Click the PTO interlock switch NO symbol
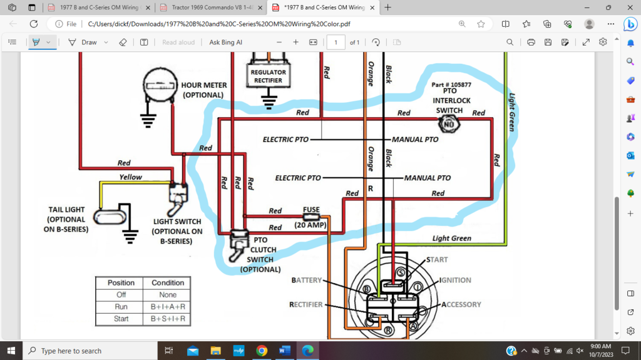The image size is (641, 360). click(x=448, y=125)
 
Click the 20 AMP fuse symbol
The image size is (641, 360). click(x=310, y=217)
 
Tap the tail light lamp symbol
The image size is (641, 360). click(x=108, y=217)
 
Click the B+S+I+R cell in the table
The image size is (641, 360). click(x=167, y=319)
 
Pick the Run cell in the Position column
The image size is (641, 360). click(x=121, y=307)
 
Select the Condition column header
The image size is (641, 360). click(x=167, y=282)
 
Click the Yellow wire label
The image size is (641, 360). click(x=131, y=177)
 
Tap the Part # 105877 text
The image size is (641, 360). click(x=451, y=84)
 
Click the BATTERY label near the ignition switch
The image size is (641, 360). click(x=307, y=280)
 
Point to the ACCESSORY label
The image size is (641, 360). click(x=461, y=304)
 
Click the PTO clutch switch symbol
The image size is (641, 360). click(x=239, y=244)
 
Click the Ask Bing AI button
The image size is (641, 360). click(x=225, y=42)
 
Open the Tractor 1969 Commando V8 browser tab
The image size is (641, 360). click(x=210, y=8)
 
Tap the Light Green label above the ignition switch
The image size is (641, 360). click(x=451, y=239)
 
